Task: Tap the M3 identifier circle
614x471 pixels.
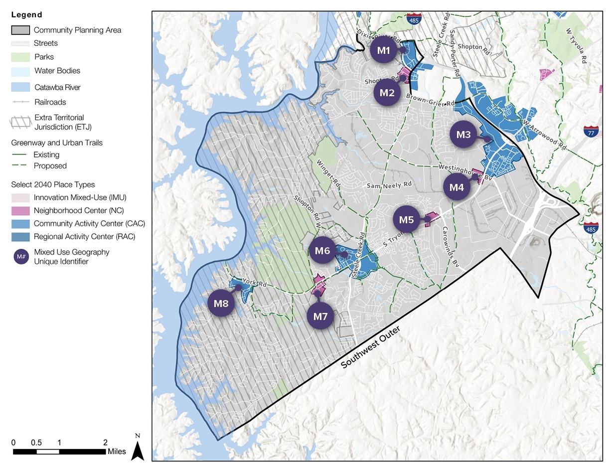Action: click(464, 135)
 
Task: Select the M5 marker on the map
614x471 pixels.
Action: click(407, 219)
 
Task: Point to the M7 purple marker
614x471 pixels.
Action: click(320, 315)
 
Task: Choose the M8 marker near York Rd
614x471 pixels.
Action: click(221, 303)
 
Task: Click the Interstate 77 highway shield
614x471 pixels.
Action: click(591, 132)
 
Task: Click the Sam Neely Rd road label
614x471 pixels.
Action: click(390, 185)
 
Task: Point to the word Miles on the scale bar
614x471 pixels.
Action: click(117, 452)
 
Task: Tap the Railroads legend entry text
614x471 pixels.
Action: click(50, 102)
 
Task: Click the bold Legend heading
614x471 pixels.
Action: click(27, 15)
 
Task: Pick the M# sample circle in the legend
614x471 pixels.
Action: click(21, 257)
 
